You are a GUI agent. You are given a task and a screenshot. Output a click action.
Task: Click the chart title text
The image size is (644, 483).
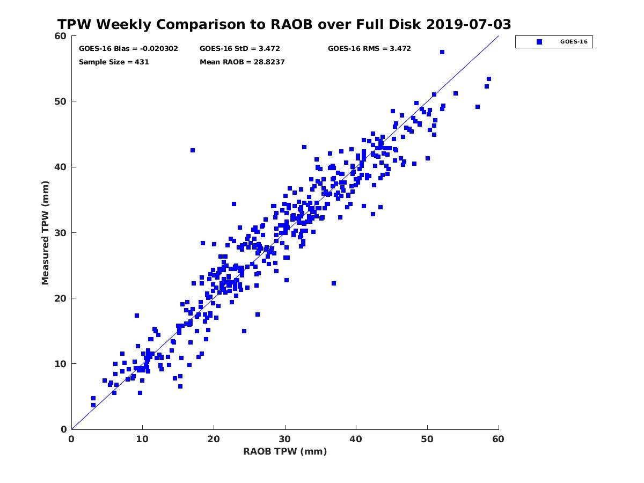(284, 24)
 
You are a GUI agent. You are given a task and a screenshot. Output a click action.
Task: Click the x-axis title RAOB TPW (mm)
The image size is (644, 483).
(285, 451)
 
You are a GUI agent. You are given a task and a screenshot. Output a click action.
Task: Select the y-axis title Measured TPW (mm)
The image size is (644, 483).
(46, 232)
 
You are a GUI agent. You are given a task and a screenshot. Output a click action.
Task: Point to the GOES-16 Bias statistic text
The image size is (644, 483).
(128, 48)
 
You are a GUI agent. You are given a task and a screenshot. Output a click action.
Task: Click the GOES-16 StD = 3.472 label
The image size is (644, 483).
(240, 48)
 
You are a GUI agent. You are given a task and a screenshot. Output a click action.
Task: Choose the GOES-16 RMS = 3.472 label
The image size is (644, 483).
(369, 48)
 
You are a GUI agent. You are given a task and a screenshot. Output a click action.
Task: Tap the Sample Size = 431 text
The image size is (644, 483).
(114, 62)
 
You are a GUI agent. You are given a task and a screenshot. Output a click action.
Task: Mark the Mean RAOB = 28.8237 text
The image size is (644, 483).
(242, 62)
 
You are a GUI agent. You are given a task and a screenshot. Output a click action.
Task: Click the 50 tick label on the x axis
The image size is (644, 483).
(427, 439)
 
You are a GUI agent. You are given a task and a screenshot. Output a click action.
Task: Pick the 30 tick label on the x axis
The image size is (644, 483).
(285, 439)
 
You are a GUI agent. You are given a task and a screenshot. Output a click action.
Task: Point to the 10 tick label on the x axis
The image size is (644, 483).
(142, 439)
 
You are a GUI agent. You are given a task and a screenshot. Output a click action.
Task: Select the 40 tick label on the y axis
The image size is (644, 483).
(61, 167)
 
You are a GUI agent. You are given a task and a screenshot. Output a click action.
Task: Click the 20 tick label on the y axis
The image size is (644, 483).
(61, 298)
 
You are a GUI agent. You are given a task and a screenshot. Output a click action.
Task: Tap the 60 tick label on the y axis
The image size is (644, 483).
(61, 36)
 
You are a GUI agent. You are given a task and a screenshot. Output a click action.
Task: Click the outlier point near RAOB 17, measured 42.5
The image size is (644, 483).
(193, 150)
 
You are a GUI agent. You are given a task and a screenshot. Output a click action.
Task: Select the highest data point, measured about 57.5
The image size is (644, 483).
(442, 52)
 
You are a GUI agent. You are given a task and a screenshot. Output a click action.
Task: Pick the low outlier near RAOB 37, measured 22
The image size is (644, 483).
(334, 283)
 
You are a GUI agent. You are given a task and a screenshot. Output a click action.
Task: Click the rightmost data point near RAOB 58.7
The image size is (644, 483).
(489, 79)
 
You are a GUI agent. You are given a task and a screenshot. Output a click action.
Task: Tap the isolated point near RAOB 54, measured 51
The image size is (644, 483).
(456, 93)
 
